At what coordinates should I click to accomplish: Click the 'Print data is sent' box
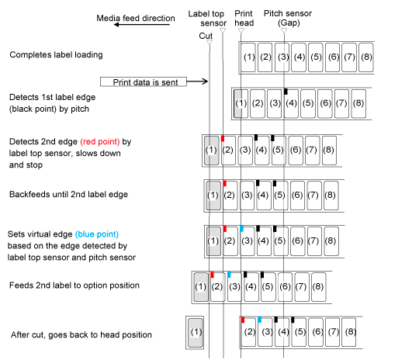coord(144,81)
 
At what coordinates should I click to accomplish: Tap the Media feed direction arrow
coord(142,25)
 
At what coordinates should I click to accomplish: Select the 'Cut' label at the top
coord(206,36)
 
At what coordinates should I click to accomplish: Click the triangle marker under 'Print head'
coord(241,31)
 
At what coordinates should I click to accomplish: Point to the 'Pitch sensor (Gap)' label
coord(288,18)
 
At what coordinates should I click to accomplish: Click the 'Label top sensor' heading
coord(207,18)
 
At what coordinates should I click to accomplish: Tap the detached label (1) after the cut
coord(196,333)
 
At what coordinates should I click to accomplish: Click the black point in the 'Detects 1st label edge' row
coord(286,91)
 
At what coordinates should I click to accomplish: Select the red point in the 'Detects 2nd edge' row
coord(223,138)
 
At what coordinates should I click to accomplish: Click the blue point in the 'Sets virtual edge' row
coord(241,229)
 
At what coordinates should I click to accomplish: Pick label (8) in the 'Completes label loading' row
coord(366,57)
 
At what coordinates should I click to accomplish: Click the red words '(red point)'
coord(100,141)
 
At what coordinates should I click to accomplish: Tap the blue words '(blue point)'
coord(97,234)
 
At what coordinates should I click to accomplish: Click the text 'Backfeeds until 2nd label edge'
coord(68,194)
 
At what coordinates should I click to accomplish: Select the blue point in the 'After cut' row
coord(259,320)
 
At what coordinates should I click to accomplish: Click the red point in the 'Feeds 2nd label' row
coord(212,275)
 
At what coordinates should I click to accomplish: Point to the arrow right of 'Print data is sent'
coord(197,81)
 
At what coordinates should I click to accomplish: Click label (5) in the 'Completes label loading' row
coord(316,57)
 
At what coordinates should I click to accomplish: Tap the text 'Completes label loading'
coord(56,54)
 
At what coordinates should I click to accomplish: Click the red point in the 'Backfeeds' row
coord(224,183)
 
